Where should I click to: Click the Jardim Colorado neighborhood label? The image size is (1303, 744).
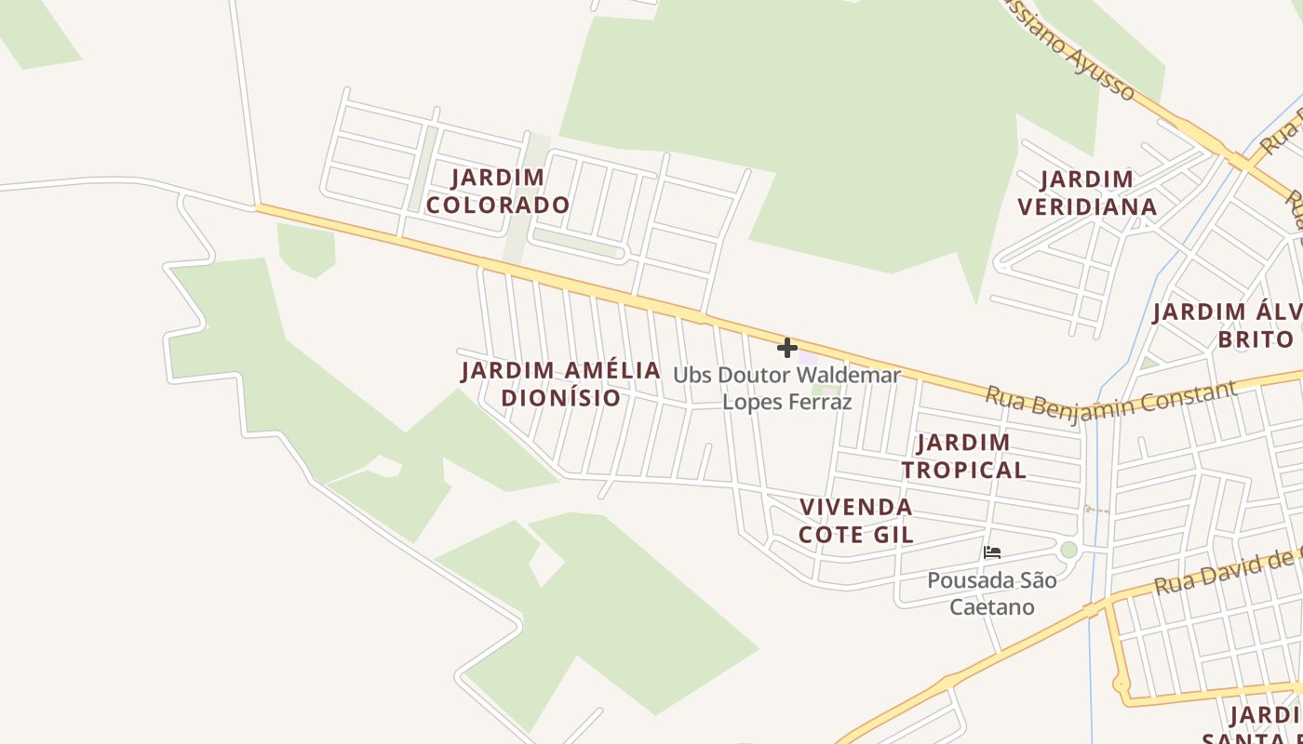498,191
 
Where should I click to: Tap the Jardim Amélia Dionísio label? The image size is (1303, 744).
560,384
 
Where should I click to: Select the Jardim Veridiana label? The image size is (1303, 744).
1087,193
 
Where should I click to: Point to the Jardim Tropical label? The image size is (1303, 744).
963,456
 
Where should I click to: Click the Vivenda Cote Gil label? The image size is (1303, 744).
856,521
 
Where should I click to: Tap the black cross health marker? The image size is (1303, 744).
787,348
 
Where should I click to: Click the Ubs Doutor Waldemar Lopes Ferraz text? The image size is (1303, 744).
787,389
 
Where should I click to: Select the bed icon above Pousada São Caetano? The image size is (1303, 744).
992,552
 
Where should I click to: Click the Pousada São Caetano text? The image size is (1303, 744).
992,593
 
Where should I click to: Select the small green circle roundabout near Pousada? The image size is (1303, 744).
1068,550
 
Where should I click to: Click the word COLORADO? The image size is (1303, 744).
498,205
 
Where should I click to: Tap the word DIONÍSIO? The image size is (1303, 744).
560,398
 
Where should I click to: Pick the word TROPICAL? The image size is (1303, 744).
963,470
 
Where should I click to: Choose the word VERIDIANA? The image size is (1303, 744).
1087,206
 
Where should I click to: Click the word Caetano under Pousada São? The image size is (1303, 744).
992,607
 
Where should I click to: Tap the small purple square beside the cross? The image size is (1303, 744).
807,357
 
